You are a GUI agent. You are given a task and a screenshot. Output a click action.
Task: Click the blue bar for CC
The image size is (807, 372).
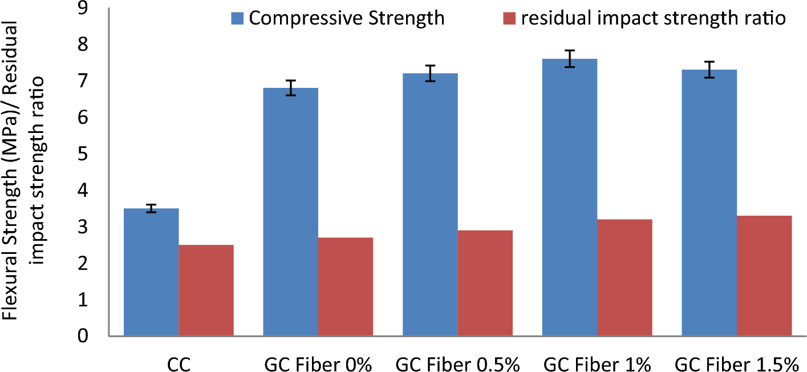click(151, 272)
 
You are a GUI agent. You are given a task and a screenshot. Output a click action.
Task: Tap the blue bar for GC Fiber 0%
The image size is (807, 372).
click(290, 212)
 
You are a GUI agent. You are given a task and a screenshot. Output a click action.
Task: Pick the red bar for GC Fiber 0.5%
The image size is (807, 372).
click(485, 283)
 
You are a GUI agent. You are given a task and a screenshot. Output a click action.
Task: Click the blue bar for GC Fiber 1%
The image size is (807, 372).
click(569, 197)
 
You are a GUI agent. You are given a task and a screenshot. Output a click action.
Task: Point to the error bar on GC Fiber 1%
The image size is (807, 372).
click(569, 59)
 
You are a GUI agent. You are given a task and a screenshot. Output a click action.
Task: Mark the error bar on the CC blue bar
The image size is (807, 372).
click(151, 208)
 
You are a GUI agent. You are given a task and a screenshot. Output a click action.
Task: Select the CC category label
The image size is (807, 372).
click(179, 363)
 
